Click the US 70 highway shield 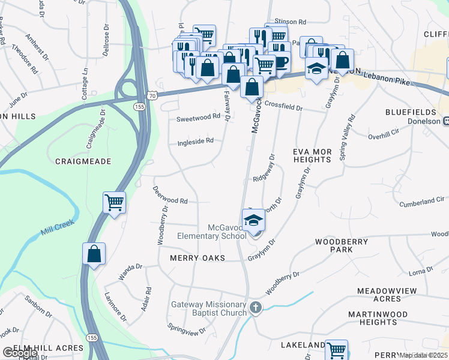click(x=152, y=95)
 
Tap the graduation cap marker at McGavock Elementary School click(x=254, y=220)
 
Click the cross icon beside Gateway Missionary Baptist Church click(x=256, y=308)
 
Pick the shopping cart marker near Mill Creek click(x=114, y=202)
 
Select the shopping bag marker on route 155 click(x=94, y=253)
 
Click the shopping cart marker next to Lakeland click(x=337, y=350)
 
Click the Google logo click(x=20, y=353)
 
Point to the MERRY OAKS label click(x=197, y=258)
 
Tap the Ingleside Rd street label click(x=196, y=142)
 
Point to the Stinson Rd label click(x=290, y=22)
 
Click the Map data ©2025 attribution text click(x=423, y=355)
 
